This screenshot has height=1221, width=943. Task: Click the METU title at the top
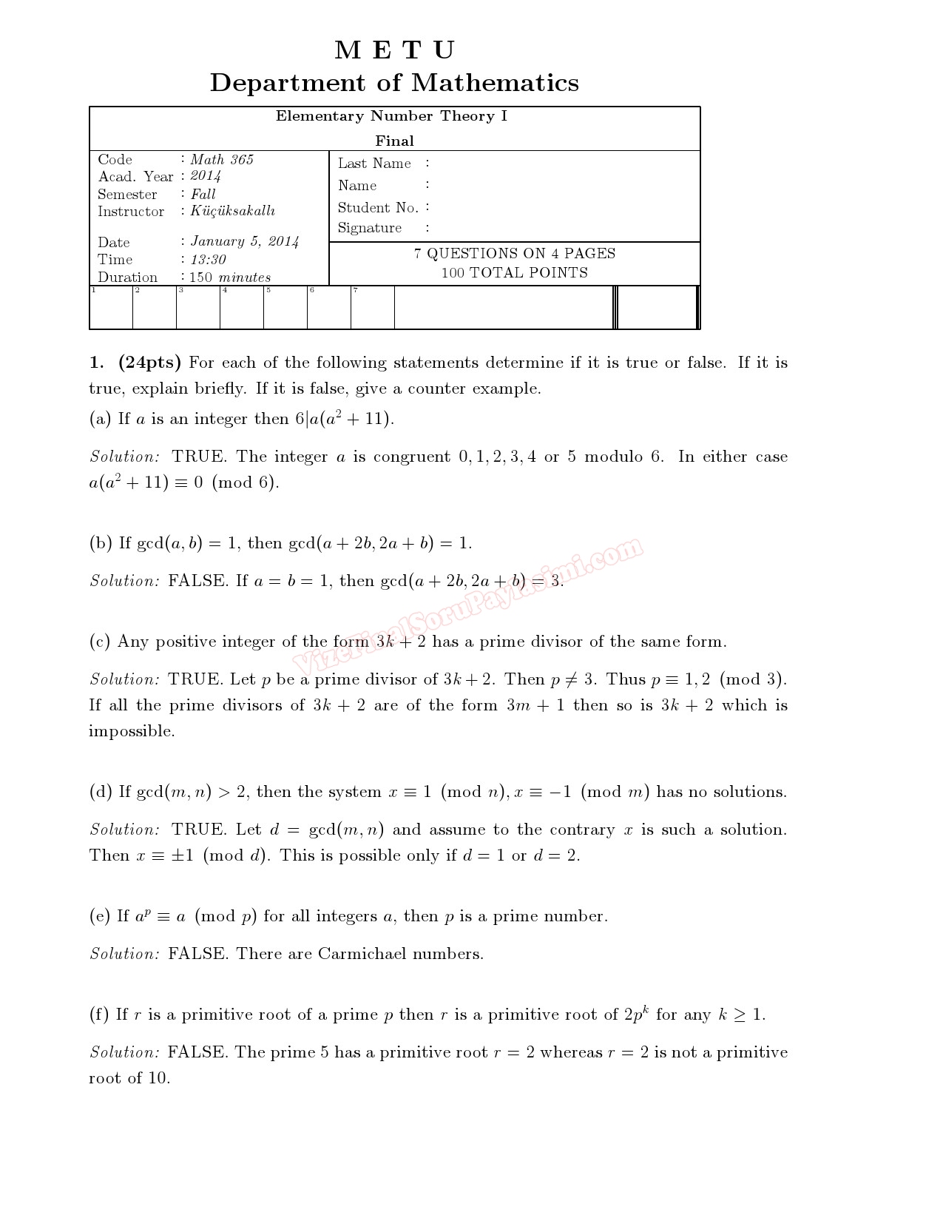point(394,50)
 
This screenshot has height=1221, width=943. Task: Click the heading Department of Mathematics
point(394,82)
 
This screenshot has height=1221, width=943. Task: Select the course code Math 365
point(222,160)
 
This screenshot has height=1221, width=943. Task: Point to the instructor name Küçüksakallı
point(233,212)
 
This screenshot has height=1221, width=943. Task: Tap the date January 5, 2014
point(245,241)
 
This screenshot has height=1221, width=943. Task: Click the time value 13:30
point(209,260)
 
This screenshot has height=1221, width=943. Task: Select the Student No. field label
point(378,208)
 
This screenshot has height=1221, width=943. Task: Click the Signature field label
point(370,228)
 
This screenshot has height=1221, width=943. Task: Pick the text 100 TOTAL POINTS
point(515,273)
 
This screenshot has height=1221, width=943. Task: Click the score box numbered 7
point(373,308)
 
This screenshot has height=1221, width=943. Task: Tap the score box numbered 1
point(111,308)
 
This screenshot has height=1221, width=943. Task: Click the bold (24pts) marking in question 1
point(149,363)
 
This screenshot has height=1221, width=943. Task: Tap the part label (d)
point(101,792)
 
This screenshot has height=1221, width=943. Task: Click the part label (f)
point(99,1015)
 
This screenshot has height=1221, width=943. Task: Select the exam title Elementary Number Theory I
point(392,116)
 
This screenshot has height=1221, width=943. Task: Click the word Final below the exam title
point(394,141)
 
